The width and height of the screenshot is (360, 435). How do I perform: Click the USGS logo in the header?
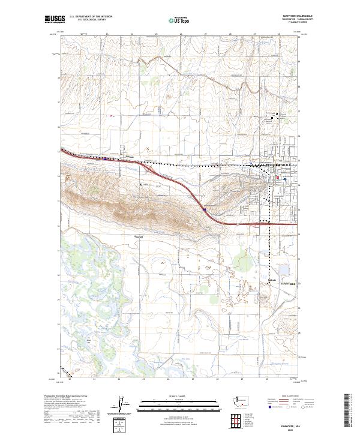click(53, 20)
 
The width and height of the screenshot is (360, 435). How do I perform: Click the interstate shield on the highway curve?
click(205, 209)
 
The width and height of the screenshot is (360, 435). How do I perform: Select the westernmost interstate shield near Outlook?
click(106, 158)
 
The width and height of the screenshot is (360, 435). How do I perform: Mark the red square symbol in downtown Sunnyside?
click(277, 178)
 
